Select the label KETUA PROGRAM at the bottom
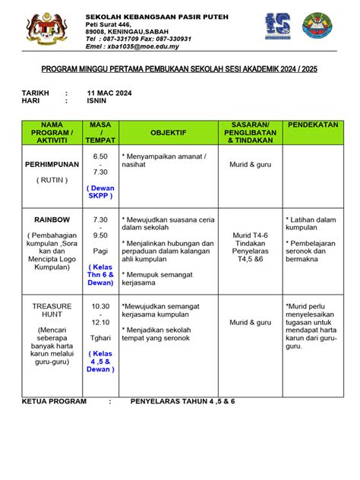tap(53, 399)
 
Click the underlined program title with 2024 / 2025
tap(179, 68)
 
